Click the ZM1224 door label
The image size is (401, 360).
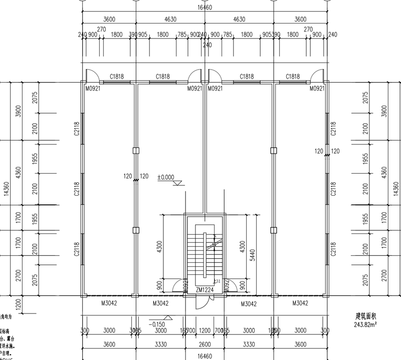point(204,289)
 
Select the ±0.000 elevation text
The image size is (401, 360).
point(165,177)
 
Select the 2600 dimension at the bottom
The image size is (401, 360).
point(204,344)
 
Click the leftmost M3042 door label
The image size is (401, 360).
point(109,303)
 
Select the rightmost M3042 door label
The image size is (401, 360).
point(300,303)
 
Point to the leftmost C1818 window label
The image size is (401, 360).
point(117,77)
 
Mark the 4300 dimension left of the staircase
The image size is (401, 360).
point(159,246)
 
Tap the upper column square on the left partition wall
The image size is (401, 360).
point(135,150)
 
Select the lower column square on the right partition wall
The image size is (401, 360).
point(273,230)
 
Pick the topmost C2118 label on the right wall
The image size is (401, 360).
point(333,130)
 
